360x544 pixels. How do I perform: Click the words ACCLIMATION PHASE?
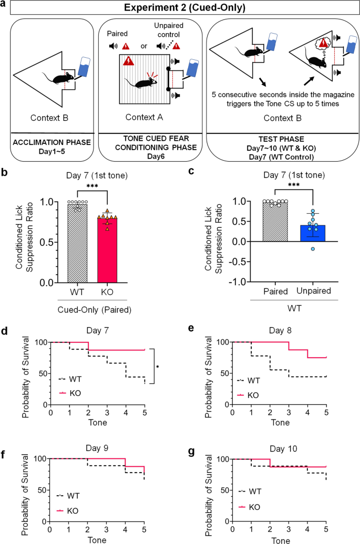(50, 141)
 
